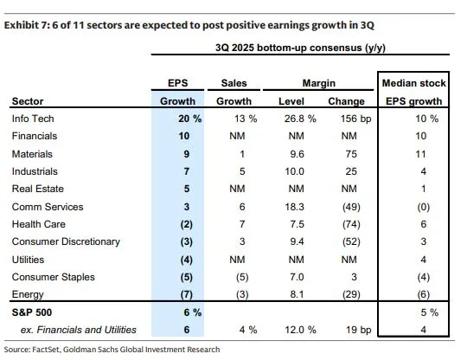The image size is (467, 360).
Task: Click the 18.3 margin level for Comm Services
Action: pos(296,207)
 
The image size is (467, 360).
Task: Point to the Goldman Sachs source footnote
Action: pos(112,350)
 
